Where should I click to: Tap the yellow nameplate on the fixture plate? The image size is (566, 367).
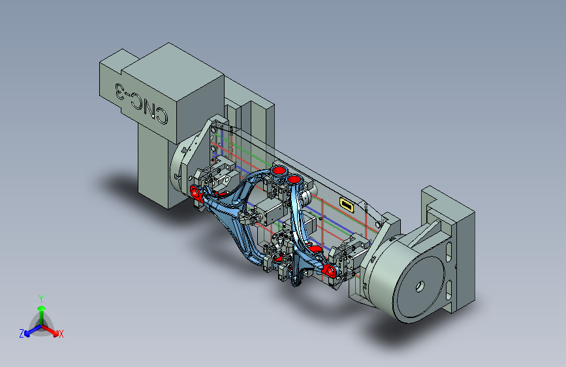coord(346,205)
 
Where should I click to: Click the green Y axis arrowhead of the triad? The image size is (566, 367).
coord(42,309)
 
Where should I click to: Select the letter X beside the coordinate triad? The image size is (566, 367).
coord(61,334)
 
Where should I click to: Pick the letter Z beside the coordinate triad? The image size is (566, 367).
coord(22,334)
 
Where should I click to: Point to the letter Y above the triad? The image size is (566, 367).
coord(41,299)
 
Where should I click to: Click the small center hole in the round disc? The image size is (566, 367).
coord(420,287)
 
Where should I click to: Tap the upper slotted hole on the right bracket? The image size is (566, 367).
coord(448,252)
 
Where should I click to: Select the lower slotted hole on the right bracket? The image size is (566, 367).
coord(448,290)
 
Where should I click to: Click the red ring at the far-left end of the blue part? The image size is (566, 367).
coord(196,193)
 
